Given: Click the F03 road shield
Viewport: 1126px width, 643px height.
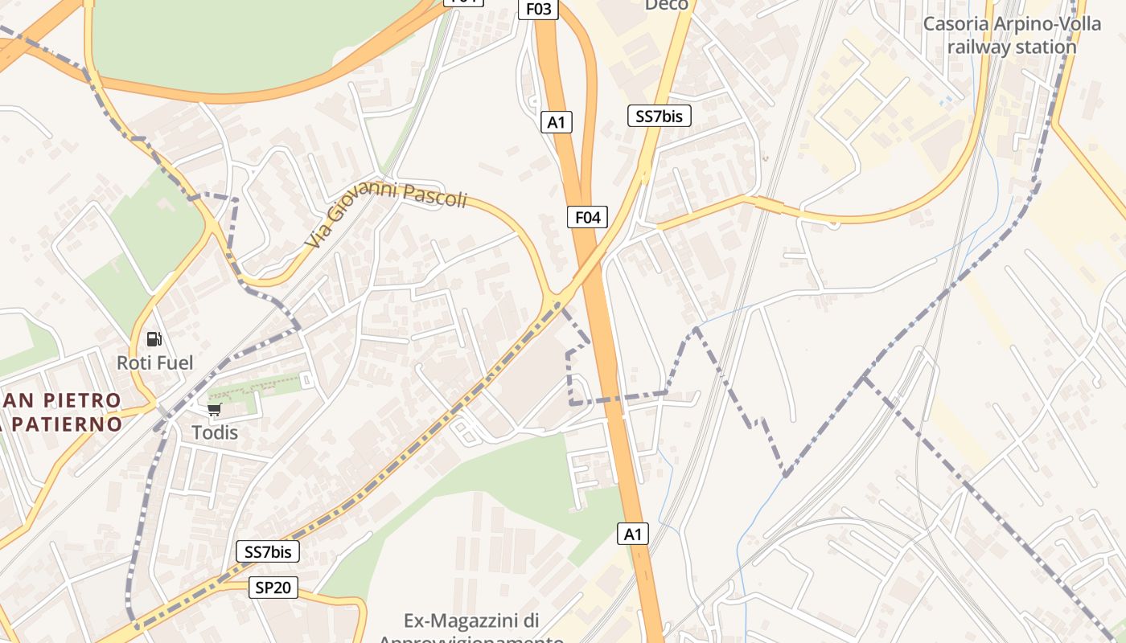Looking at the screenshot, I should click(x=539, y=9).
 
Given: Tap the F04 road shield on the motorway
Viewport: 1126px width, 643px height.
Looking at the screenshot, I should click(x=587, y=216).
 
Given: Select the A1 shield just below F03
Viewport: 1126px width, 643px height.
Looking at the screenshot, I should click(x=556, y=122).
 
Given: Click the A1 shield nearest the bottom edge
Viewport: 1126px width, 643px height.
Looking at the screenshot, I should click(x=634, y=534).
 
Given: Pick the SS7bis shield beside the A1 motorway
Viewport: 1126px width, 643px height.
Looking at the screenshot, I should click(x=659, y=116).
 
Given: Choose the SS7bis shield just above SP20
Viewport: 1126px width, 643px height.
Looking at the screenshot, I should click(x=268, y=551).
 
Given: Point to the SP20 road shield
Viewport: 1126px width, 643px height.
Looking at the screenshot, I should click(x=273, y=588).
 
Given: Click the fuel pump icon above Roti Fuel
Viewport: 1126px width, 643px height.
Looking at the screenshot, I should click(x=154, y=339).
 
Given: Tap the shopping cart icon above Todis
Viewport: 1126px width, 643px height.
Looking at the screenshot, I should click(x=214, y=410).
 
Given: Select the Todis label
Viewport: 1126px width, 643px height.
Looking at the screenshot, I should click(x=215, y=432).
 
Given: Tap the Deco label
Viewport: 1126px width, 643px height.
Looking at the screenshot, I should click(x=667, y=5).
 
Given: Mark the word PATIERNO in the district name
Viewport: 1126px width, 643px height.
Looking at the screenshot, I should click(x=68, y=424).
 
